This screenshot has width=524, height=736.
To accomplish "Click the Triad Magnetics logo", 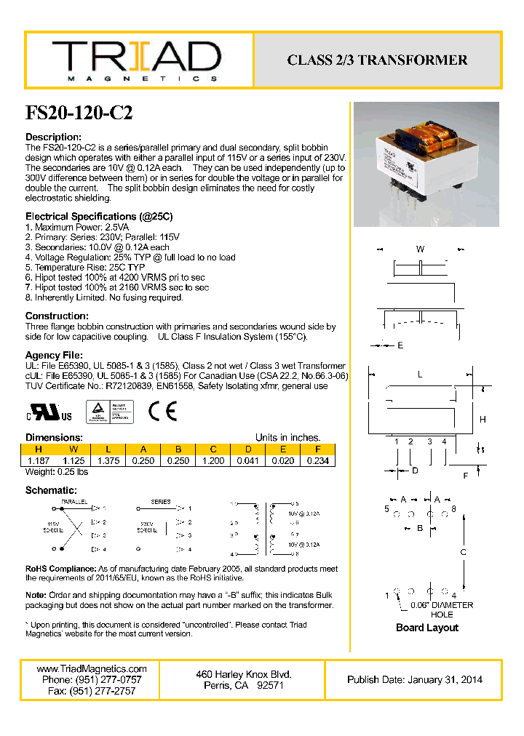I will [136, 60].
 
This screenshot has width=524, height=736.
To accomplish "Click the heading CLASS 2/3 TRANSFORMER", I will [377, 60].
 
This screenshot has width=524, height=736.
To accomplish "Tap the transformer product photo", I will [426, 164].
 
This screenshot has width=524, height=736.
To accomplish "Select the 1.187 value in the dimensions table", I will [39, 460].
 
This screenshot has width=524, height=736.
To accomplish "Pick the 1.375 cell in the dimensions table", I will [108, 460].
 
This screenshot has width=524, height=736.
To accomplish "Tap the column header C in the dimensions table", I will [213, 449].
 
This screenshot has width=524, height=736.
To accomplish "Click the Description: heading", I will [53, 137].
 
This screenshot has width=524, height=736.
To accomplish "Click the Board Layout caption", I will [427, 628].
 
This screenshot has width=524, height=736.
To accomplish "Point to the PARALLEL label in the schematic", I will [74, 502].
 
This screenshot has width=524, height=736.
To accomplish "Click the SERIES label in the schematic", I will [161, 502].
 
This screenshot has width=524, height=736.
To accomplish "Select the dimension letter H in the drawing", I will [483, 419].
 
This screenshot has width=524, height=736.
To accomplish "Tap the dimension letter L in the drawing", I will [420, 374].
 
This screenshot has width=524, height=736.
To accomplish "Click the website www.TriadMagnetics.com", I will [91, 668].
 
